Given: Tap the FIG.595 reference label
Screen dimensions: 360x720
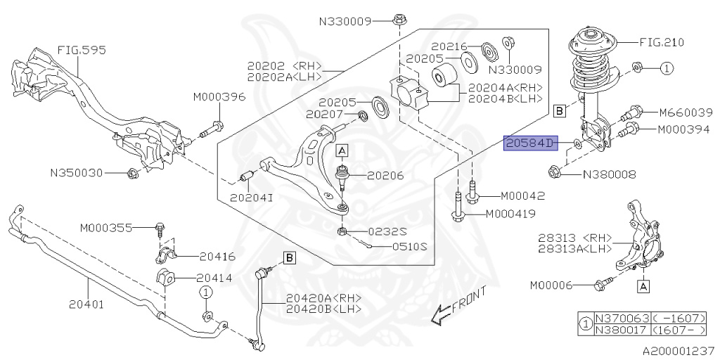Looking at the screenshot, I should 77,51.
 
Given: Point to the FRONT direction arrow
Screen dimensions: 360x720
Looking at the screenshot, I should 458,309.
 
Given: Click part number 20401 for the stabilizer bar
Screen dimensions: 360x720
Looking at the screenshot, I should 86,304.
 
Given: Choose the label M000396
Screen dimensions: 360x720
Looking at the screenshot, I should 219,97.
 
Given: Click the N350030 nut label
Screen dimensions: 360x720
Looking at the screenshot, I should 77,172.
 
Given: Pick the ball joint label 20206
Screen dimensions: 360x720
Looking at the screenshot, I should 381,176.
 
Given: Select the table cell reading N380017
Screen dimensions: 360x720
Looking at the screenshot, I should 621,328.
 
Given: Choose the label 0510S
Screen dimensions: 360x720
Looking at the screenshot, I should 409,247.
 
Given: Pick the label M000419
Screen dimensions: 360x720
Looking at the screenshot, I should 510,214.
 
